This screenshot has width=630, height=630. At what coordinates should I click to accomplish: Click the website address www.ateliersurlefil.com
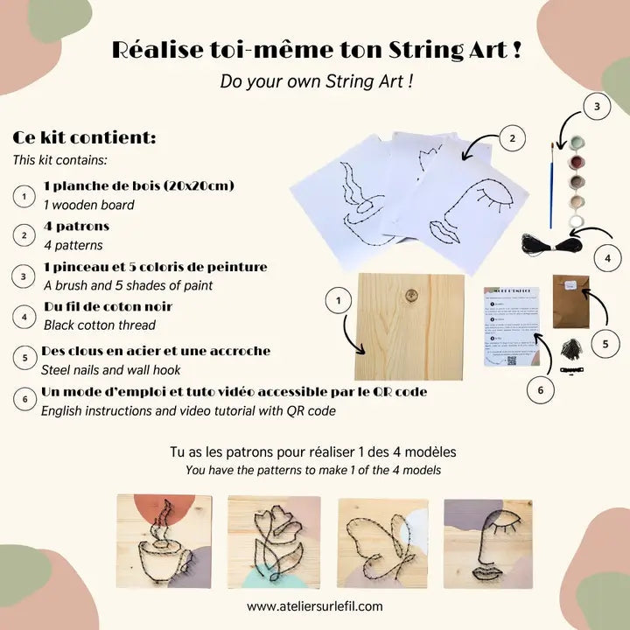[315, 605]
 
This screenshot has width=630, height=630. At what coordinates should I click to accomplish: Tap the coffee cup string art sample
[164, 542]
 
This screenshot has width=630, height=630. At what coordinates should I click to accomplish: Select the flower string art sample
[274, 542]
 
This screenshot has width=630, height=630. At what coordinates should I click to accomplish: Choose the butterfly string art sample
[382, 542]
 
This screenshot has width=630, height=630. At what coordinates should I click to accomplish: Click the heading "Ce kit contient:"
[85, 139]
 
